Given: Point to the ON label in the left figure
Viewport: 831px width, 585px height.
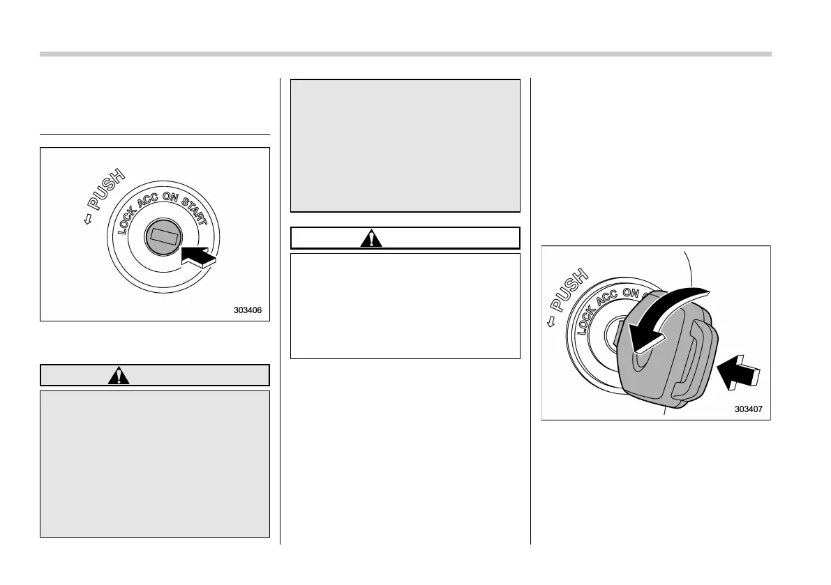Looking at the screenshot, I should click(171, 198).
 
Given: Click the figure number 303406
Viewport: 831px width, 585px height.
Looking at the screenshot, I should click(248, 311).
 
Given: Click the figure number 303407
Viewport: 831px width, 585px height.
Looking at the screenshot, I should click(749, 409).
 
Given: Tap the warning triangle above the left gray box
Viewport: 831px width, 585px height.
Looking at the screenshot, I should click(121, 375).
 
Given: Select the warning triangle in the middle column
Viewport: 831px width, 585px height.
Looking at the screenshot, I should click(371, 238).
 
